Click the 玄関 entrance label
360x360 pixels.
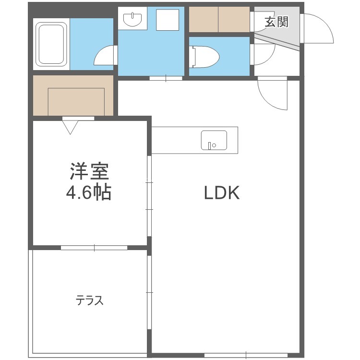pos(276,22)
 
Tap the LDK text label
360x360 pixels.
pos(222,192)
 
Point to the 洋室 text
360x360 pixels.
pos(89,171)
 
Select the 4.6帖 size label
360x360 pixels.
pos(89,192)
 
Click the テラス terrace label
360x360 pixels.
pos(90,300)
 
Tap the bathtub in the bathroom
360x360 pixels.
pos(51,44)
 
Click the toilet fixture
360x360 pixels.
pos(204,57)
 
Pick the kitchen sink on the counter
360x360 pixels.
pos(214,140)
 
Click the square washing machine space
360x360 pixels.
pos(168,20)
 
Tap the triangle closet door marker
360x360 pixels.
pos(71,127)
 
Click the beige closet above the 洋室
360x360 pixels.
pos(73,96)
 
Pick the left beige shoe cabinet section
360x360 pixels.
pos(204,20)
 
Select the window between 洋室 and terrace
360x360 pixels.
pos(94,248)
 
